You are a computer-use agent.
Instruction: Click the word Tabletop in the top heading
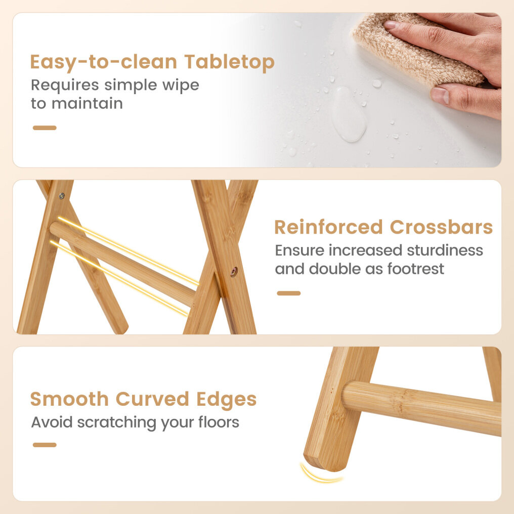tap(229, 62)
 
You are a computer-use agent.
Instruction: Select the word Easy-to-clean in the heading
tap(104, 63)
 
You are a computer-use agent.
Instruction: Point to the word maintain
tap(87, 103)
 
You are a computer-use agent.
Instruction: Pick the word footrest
tap(416, 269)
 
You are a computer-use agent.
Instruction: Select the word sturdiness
tap(445, 250)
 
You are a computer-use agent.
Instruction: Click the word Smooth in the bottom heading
tap(69, 399)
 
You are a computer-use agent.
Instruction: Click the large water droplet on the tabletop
tap(349, 114)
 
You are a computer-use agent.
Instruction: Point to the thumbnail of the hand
tap(440, 96)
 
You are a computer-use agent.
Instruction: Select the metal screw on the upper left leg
tap(62, 196)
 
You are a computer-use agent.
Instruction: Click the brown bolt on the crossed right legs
tap(234, 272)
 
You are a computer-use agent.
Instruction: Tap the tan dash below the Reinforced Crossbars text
tap(289, 293)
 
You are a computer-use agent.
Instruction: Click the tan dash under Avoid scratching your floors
tap(45, 445)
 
